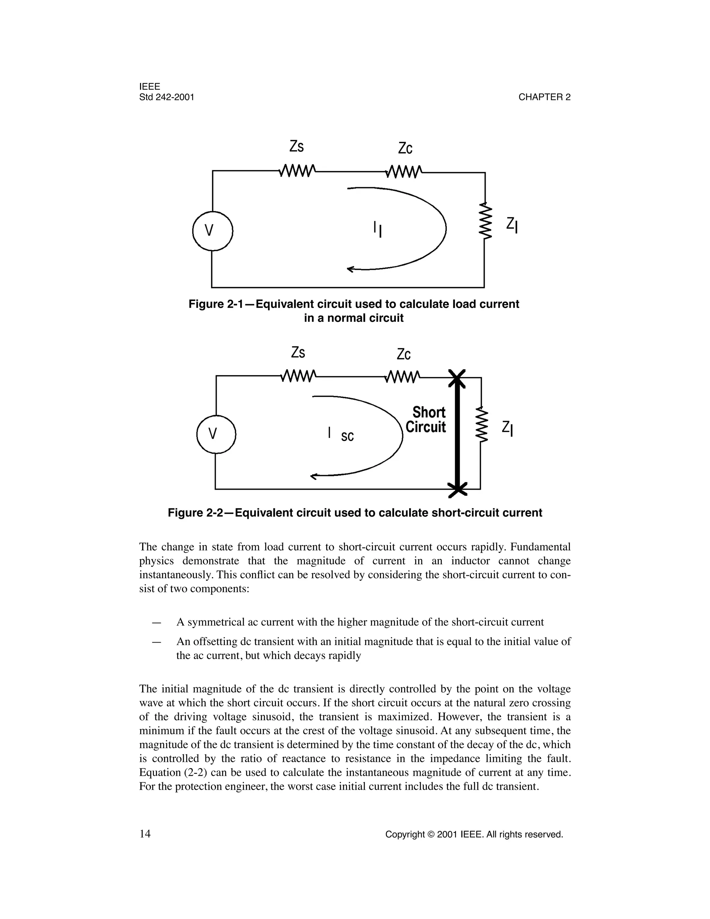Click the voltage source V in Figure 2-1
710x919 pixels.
(x=213, y=231)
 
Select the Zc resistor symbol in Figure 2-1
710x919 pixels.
(x=404, y=172)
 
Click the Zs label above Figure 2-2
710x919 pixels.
(x=298, y=352)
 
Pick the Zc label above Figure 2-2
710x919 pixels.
(x=404, y=354)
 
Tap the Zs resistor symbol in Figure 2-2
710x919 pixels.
(x=298, y=375)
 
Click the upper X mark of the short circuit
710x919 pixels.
(x=457, y=378)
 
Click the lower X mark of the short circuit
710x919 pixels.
(x=457, y=489)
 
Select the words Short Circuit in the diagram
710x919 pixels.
(x=426, y=420)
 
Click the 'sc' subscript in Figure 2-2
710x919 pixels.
(x=347, y=437)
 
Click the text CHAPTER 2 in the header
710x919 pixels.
(x=544, y=97)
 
